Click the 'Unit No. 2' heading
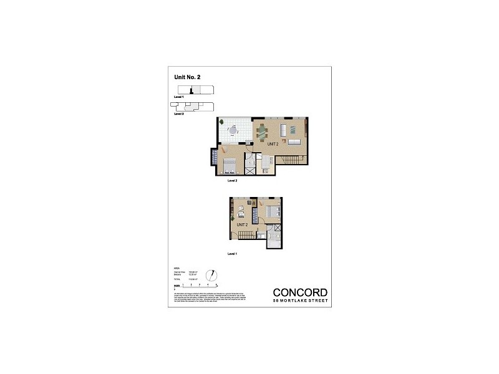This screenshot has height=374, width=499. [187, 77]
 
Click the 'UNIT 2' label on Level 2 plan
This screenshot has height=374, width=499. [272, 144]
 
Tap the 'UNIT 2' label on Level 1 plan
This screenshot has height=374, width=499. [243, 224]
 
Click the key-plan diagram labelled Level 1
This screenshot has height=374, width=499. [194, 91]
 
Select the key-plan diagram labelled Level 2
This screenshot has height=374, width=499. [194, 108]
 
